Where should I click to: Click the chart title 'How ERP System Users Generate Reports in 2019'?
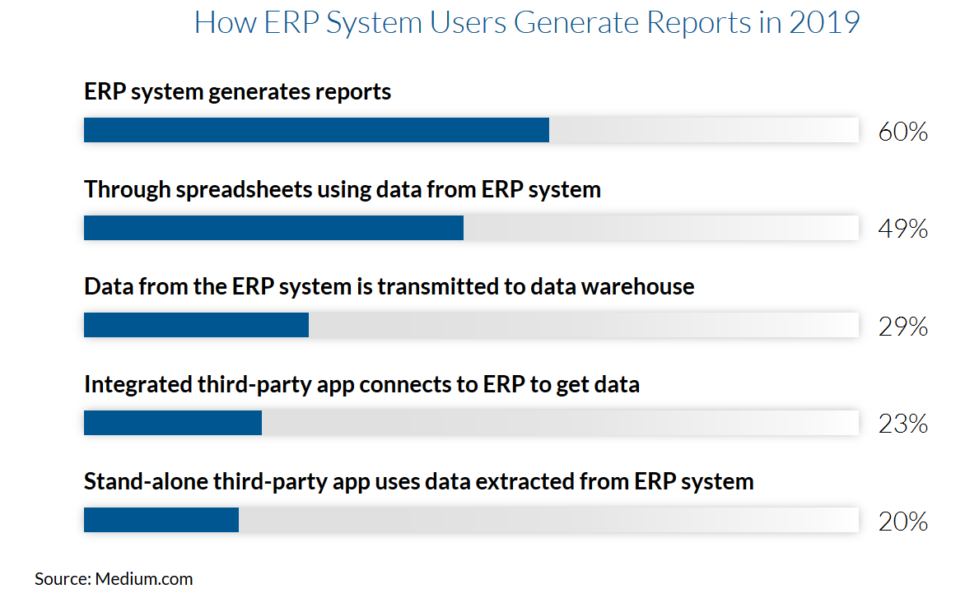[x=527, y=23]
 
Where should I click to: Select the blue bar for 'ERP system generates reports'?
[x=316, y=130]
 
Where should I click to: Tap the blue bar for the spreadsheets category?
[x=274, y=228]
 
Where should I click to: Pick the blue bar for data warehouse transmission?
[x=196, y=325]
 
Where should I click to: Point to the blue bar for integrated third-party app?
[x=173, y=423]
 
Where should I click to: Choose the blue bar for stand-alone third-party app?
[x=161, y=520]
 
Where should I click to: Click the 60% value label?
[x=903, y=132]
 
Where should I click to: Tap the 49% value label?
[x=903, y=229]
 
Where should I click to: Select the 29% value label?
[x=903, y=327]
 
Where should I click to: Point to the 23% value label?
[x=903, y=424]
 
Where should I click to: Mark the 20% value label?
[x=903, y=522]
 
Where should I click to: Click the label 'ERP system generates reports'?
[x=238, y=92]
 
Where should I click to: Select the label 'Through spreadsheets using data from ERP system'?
[x=343, y=190]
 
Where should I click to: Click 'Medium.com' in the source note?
[x=144, y=579]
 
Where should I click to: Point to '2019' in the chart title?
[x=825, y=23]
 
